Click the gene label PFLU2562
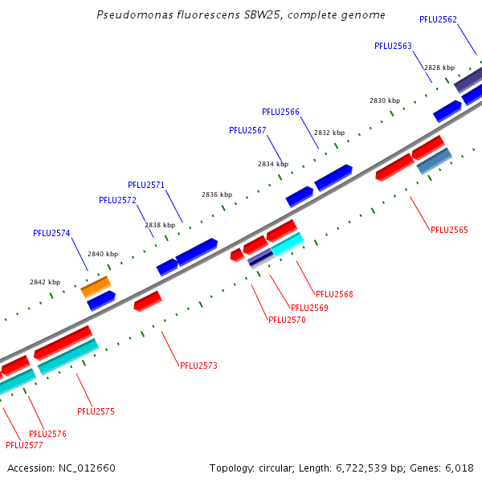tap(438, 19)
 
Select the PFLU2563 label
tap(393, 46)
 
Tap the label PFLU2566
tap(280, 112)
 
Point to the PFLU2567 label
tap(247, 130)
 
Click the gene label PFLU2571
tap(146, 185)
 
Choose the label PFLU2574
tap(51, 233)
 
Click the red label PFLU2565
tap(449, 230)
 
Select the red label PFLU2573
tap(198, 366)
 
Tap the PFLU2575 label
tap(96, 411)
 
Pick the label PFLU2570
tap(287, 320)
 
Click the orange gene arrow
tap(96, 286)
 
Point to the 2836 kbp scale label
tap(216, 194)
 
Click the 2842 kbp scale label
tap(45, 282)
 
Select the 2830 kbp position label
tap(385, 100)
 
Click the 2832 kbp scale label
tap(329, 133)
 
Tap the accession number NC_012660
tap(88, 468)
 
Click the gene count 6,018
tap(460, 468)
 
